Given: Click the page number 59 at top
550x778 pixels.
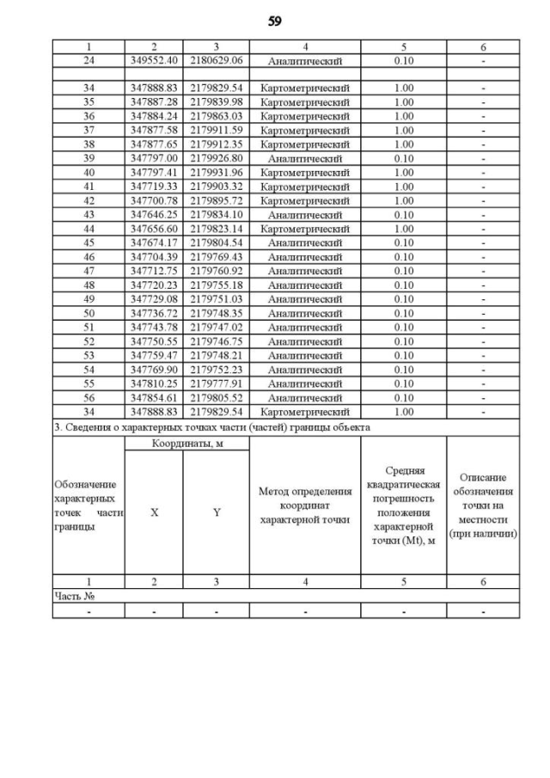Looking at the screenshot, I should [x=275, y=21].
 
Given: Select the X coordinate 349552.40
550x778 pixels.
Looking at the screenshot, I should [x=154, y=61].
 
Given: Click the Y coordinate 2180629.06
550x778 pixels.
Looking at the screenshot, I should [x=217, y=61].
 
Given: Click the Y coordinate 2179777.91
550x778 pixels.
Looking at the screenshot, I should [x=217, y=383].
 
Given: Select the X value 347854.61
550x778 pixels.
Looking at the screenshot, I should [x=154, y=398].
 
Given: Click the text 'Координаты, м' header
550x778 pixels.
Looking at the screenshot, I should [x=186, y=443].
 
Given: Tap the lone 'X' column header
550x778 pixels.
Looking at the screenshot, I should [x=155, y=512].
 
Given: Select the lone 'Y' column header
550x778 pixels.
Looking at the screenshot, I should [x=217, y=512].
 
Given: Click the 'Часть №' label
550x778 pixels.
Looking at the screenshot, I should [x=72, y=595].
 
